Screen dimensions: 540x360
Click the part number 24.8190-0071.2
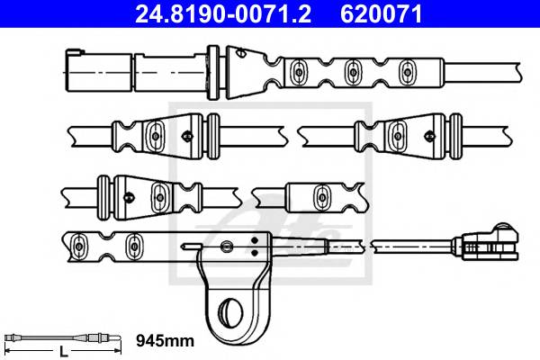pyautogui.click(x=223, y=13)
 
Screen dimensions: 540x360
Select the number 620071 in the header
pyautogui.click(x=382, y=13)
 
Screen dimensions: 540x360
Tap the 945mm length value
pyautogui.click(x=166, y=341)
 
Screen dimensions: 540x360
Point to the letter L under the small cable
pyautogui.click(x=64, y=352)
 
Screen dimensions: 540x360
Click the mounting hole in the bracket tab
pyautogui.click(x=231, y=310)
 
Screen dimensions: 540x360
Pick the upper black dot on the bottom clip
pyautogui.click(x=255, y=240)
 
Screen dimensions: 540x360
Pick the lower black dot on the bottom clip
pyautogui.click(x=255, y=253)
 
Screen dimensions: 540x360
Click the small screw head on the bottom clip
pyautogui.click(x=226, y=246)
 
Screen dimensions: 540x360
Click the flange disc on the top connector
pyautogui.click(x=213, y=72)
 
